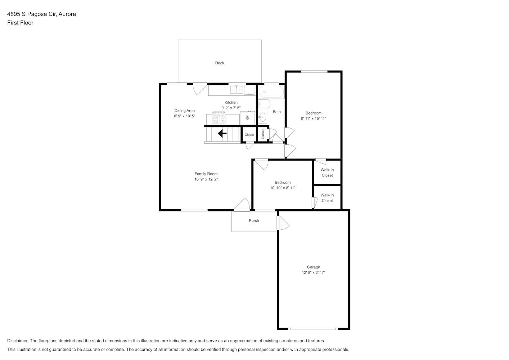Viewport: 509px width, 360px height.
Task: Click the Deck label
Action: [x=220, y=63]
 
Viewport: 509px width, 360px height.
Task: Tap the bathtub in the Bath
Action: [x=271, y=91]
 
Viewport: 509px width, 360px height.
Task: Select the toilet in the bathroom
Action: [x=264, y=104]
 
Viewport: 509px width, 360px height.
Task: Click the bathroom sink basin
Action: [x=263, y=117]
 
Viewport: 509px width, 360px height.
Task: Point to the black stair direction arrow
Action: [x=222, y=134]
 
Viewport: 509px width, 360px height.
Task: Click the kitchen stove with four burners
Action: [x=219, y=118]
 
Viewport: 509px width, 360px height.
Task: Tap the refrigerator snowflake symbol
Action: [x=248, y=118]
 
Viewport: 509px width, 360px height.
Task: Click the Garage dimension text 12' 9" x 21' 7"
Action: [x=314, y=273]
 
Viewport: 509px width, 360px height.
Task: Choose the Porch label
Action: [x=254, y=221]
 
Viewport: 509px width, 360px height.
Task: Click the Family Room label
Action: [x=206, y=174]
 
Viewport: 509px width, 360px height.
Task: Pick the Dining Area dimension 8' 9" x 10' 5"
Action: [x=185, y=116]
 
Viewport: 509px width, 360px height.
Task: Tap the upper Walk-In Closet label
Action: [x=327, y=172]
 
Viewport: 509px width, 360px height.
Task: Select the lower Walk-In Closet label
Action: [x=327, y=198]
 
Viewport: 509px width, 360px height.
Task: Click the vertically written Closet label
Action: [x=263, y=134]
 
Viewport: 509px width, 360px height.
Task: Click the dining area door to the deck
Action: [x=200, y=89]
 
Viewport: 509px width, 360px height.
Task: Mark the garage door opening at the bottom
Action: [x=313, y=329]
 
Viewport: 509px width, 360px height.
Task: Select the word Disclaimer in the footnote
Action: [x=18, y=341]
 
